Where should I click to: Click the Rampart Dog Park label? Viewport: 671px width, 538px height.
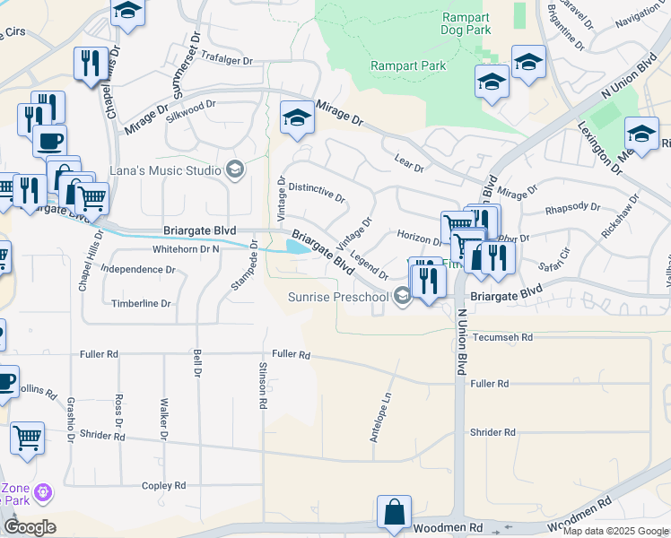click(x=466, y=23)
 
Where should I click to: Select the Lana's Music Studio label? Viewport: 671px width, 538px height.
click(x=165, y=170)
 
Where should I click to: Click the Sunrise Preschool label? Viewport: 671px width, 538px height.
click(x=338, y=297)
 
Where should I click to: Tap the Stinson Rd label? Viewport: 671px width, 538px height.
click(x=262, y=386)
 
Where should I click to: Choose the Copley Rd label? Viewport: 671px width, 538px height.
click(x=163, y=485)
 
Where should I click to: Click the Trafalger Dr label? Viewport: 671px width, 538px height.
click(x=228, y=60)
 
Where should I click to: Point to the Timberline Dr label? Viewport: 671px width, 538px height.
click(x=141, y=303)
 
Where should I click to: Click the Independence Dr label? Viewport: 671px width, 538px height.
click(x=137, y=268)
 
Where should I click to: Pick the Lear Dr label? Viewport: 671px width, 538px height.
click(x=408, y=162)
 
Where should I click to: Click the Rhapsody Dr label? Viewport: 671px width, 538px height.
click(x=572, y=207)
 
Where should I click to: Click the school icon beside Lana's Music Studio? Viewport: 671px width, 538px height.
click(x=236, y=169)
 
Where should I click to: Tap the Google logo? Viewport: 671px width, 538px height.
click(x=30, y=526)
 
